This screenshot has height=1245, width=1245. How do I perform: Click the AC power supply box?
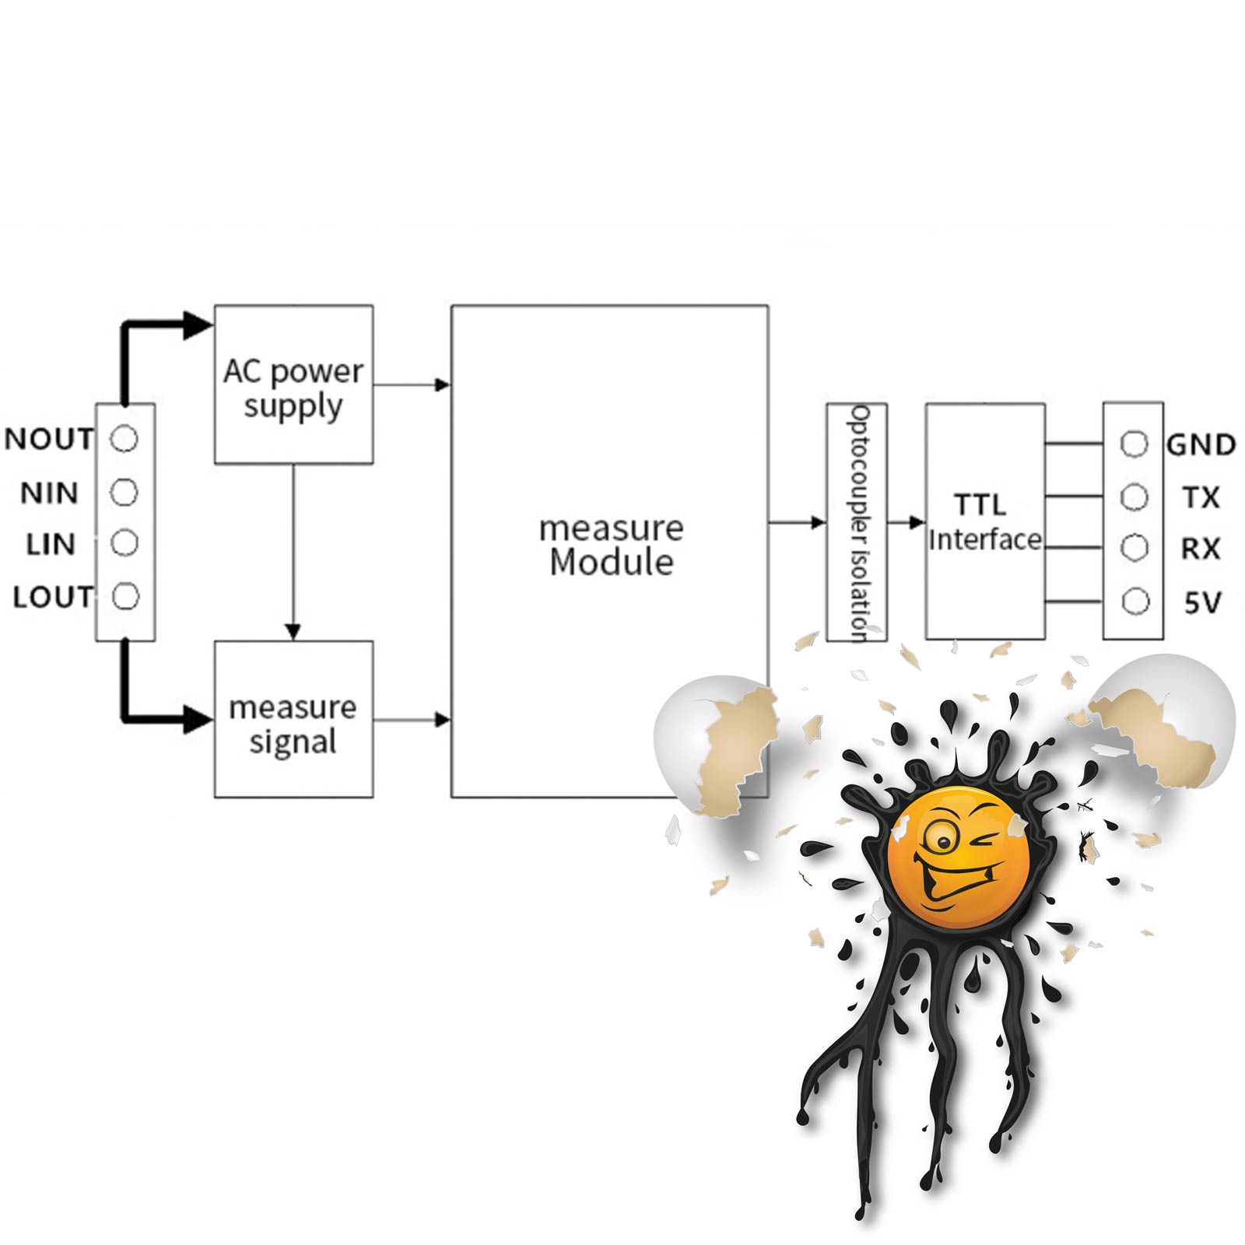(x=293, y=384)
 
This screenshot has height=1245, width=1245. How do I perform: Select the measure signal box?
(x=293, y=719)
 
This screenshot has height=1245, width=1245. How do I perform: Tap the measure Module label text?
(x=611, y=545)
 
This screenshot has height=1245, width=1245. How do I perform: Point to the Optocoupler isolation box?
(x=857, y=521)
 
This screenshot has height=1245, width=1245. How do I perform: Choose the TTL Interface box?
(x=984, y=521)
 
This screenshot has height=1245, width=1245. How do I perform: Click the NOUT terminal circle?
(x=124, y=439)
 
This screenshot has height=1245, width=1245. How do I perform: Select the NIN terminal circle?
(x=124, y=492)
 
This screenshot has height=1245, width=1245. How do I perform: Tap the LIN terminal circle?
(x=124, y=542)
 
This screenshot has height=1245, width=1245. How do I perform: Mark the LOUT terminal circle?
(x=125, y=597)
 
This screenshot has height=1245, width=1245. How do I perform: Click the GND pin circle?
(x=1134, y=444)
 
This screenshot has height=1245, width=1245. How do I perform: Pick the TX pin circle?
(x=1134, y=496)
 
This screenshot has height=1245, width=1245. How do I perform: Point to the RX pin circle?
(x=1135, y=548)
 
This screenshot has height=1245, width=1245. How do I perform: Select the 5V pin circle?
(x=1135, y=601)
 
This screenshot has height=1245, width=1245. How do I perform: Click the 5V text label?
(x=1202, y=603)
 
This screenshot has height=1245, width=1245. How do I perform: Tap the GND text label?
(x=1201, y=445)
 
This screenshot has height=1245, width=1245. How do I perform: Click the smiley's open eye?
(x=942, y=840)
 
